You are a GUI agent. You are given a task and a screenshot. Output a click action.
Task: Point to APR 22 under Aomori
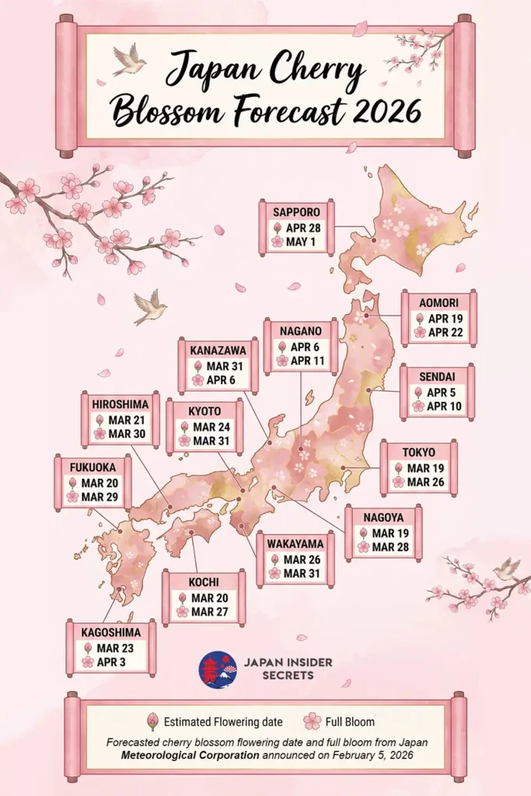[x=445, y=332]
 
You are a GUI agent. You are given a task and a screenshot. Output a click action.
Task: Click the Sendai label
[x=437, y=377]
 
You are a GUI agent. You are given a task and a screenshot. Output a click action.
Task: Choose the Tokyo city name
[x=419, y=452]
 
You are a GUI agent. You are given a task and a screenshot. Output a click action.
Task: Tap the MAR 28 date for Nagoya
[x=389, y=547]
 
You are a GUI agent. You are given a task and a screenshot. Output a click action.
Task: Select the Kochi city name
[x=204, y=581]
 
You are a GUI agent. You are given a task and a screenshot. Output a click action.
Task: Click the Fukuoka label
[x=93, y=467]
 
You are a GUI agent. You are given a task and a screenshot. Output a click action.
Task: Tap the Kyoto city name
[x=204, y=410]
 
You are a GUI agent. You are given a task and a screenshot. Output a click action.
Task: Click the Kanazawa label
[x=218, y=350]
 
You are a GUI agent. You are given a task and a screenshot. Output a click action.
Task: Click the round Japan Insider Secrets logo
[x=218, y=669]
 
